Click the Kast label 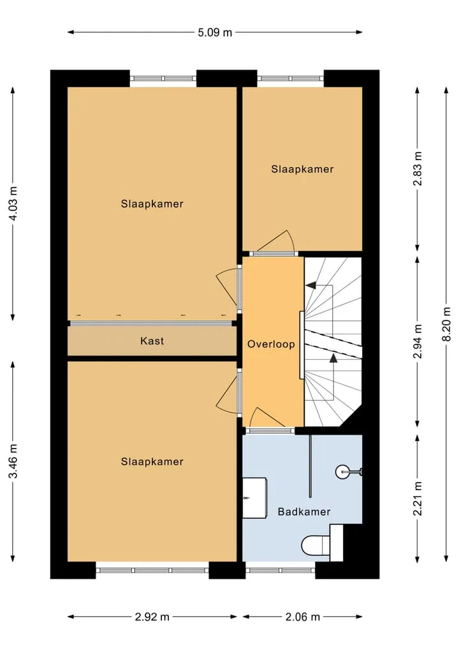(x=152, y=341)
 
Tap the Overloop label (x=272, y=344)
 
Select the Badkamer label (x=304, y=512)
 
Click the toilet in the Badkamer (x=323, y=543)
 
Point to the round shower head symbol (x=343, y=472)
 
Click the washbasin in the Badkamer (x=254, y=498)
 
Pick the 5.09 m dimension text (x=215, y=33)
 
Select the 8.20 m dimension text (x=447, y=324)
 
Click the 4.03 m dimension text (x=13, y=204)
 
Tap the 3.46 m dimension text (x=13, y=461)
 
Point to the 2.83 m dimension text (x=418, y=169)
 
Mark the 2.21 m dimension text (x=418, y=498)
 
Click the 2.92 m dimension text (x=152, y=616)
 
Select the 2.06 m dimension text (x=303, y=616)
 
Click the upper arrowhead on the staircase (x=310, y=285)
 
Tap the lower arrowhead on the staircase (x=333, y=357)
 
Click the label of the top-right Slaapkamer (x=302, y=169)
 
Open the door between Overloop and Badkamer (x=269, y=431)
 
